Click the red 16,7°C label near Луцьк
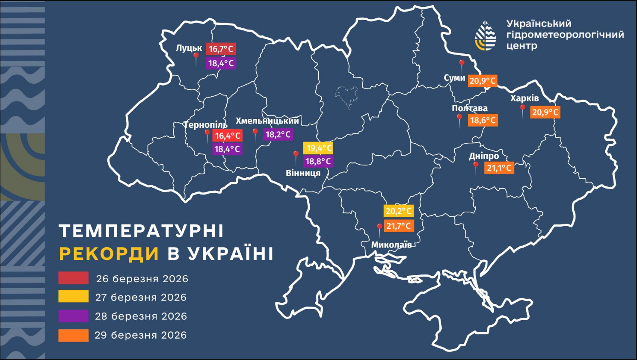coord(221,49)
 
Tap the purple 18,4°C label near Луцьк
coord(221,63)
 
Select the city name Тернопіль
coord(205,125)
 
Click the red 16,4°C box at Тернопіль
coord(227,136)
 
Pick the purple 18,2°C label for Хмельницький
coord(278,135)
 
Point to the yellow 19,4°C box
coord(318,148)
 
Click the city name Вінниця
coord(303,173)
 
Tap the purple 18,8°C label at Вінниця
coord(318,162)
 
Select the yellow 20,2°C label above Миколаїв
coord(398,211)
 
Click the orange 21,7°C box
coord(398,226)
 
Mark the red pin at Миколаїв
coord(379,227)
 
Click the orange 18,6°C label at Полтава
coord(483,121)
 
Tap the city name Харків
coord(524,98)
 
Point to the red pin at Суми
coord(462,64)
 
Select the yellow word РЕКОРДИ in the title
coord(109,254)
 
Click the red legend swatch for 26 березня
coord(74,278)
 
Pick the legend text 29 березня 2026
coord(141,335)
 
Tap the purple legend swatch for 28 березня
coord(74,316)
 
